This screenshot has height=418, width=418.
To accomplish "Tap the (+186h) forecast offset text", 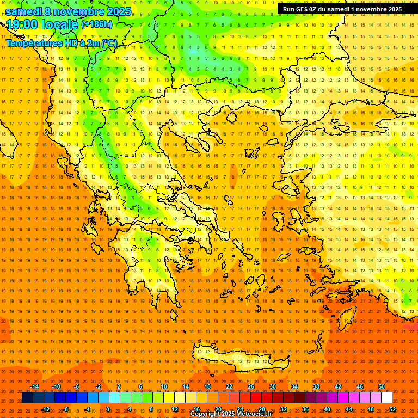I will [x=96, y=24].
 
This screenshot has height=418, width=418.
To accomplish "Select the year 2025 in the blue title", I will [x=118, y=11].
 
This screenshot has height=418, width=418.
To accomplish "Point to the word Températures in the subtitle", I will [x=32, y=43].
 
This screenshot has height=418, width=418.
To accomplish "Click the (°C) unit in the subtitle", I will [x=108, y=43].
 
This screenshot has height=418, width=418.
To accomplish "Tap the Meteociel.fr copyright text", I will [x=231, y=414].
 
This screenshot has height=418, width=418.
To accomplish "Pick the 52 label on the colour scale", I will [x=392, y=409].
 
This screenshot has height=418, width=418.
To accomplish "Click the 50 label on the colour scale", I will [x=381, y=386].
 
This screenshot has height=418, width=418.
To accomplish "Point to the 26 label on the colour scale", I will [x=251, y=386].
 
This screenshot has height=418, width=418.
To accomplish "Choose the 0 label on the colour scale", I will [x=108, y=409].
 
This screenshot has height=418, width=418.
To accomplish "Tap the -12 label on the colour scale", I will [x=45, y=409].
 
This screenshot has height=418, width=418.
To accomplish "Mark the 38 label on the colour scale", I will [x=316, y=386].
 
